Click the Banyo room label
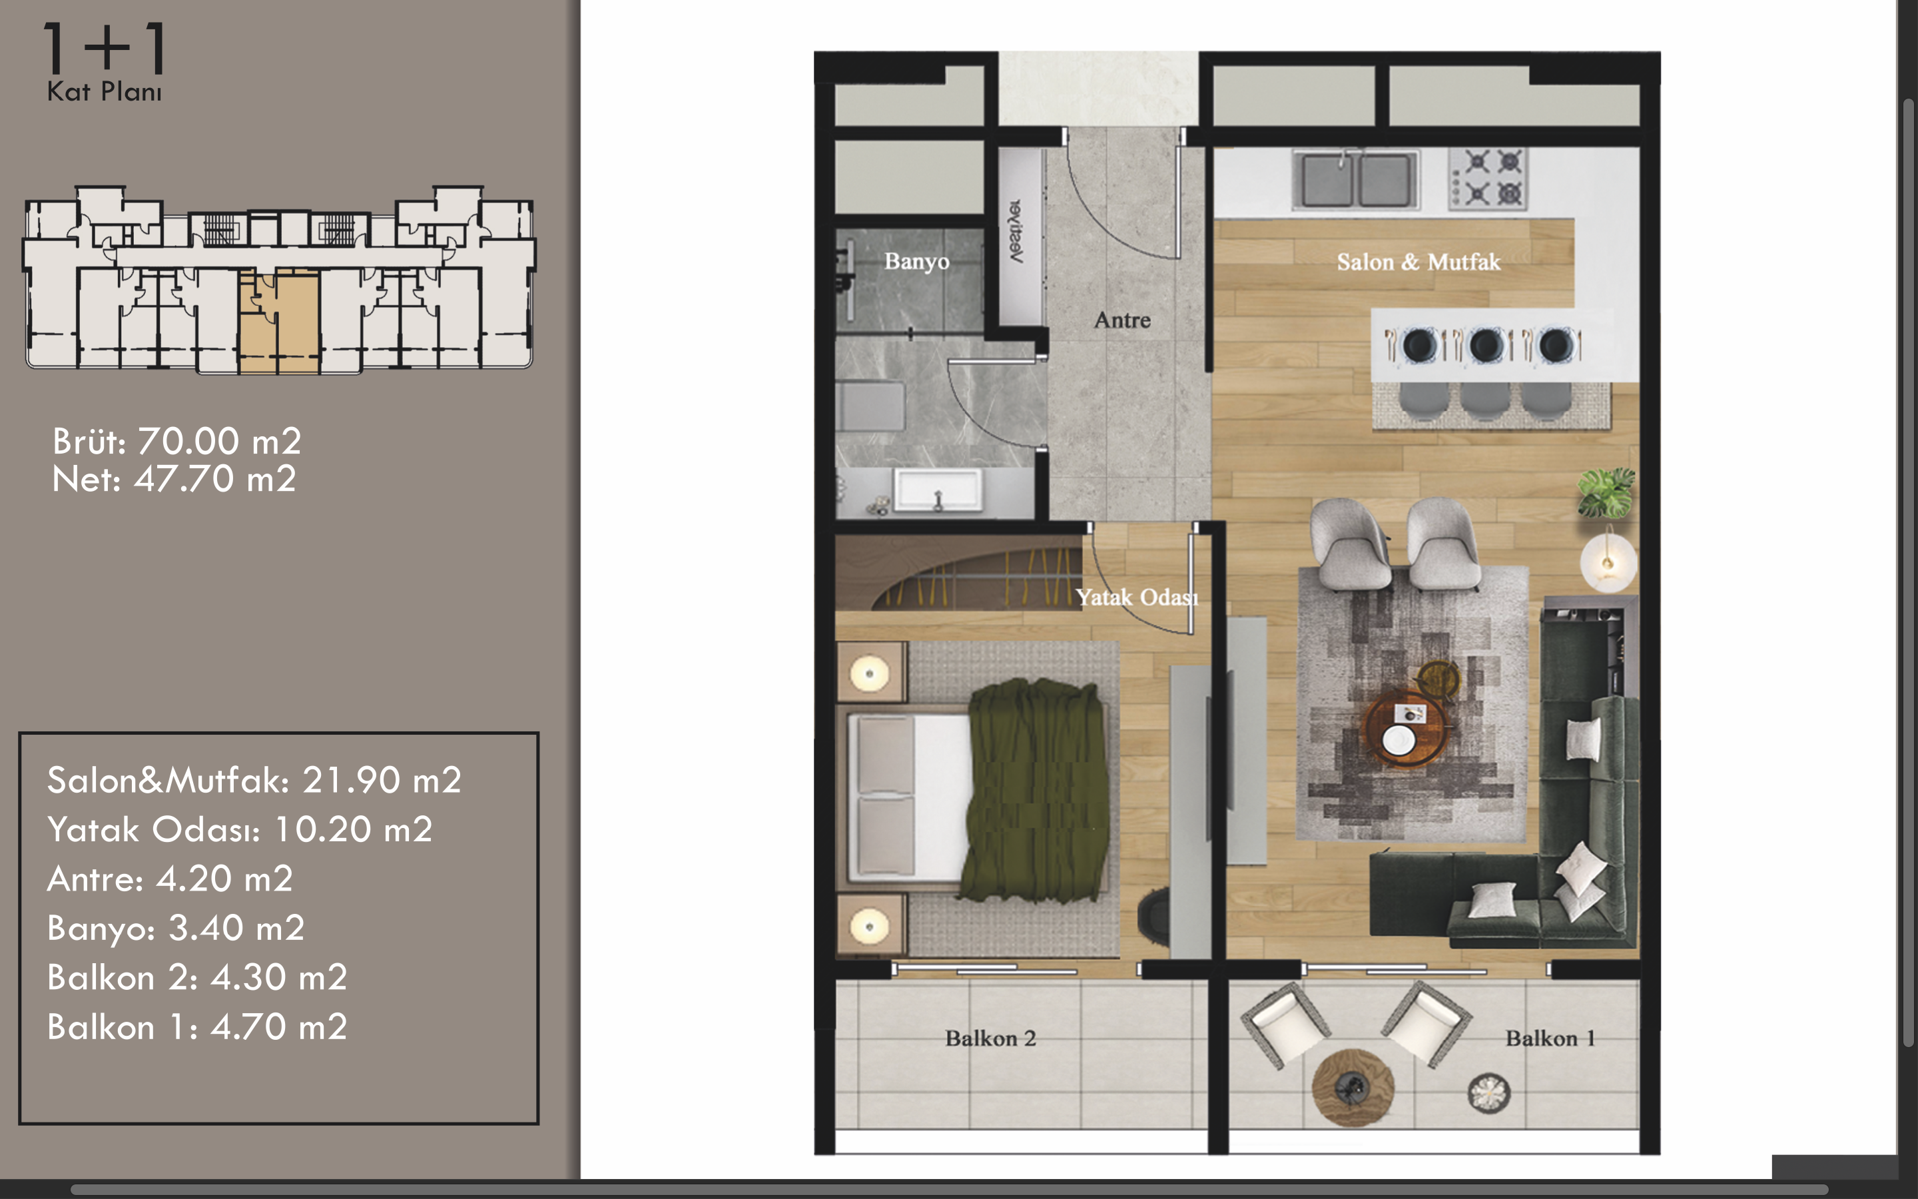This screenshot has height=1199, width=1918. click(916, 262)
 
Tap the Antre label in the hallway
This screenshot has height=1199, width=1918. click(1122, 320)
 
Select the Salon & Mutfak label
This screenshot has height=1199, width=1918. click(1419, 262)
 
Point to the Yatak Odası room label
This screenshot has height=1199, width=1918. click(1137, 597)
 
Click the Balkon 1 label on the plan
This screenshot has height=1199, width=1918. click(1550, 1038)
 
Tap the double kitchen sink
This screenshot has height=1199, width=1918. click(1355, 179)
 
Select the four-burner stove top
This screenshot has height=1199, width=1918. click(1488, 179)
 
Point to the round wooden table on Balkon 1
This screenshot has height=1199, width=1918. click(1352, 1087)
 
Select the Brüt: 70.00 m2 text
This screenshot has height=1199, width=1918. click(176, 441)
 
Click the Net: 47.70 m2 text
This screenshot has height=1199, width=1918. click(174, 479)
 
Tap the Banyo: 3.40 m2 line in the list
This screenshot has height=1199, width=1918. click(176, 929)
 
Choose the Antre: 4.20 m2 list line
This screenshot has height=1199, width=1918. click(170, 879)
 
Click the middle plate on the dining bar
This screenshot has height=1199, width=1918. click(1486, 345)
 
